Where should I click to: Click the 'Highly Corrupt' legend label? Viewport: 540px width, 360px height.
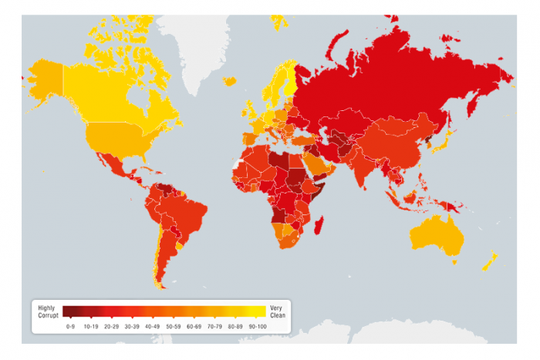[x=46, y=313]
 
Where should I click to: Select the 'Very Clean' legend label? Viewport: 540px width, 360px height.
[x=276, y=313]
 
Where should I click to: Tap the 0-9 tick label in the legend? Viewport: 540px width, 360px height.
[x=69, y=326]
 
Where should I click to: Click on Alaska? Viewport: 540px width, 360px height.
[x=45, y=77]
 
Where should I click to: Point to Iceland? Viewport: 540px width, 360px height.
[x=229, y=80]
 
